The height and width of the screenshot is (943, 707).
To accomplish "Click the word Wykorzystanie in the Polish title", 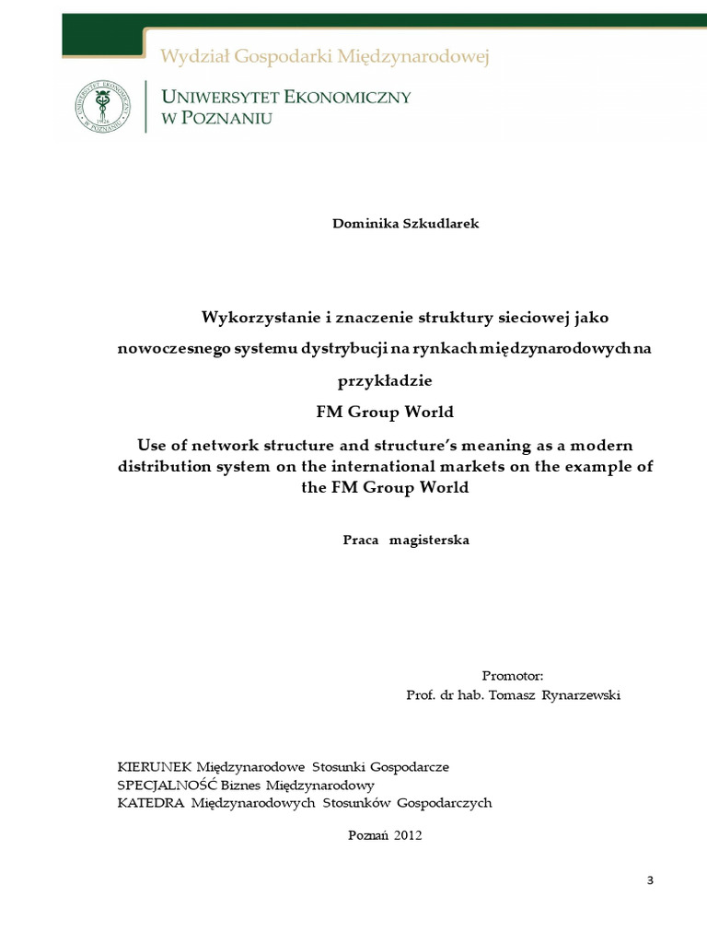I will (254, 317).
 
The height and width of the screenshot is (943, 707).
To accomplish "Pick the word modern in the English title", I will (603, 445).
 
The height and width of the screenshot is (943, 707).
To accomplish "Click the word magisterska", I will (430, 540).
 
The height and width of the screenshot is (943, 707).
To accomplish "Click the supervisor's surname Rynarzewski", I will (582, 695).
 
